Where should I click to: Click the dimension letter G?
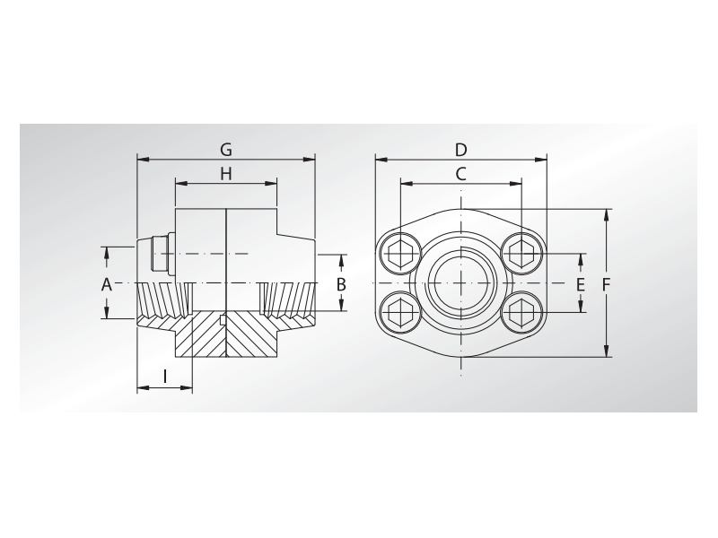point(226,149)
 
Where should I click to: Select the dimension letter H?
point(226,174)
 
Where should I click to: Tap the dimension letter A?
point(106,284)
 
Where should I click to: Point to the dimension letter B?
point(341,284)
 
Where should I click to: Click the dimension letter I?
point(165,377)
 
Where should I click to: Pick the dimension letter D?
point(460,149)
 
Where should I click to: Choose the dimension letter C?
point(460,173)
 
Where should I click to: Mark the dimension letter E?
point(581,284)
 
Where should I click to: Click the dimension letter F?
point(607,284)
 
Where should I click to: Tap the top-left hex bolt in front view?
point(399,252)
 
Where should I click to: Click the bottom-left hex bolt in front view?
point(399,314)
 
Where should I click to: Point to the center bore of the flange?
point(460,283)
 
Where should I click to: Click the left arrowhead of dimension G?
point(141,160)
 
